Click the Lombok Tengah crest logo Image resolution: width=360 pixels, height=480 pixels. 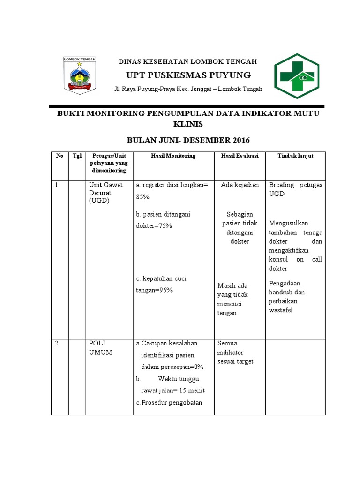pos(80,75)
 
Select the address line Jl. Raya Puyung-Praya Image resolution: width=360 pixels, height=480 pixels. pos(188,89)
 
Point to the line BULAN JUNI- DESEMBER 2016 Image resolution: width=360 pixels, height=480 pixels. pos(188,140)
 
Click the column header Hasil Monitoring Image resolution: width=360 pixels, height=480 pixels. pos(173,156)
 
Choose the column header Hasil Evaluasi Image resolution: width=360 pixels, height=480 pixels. pos(240,156)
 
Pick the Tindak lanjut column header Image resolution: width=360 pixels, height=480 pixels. pos(295,156)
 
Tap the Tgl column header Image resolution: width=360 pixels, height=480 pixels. pos(77,156)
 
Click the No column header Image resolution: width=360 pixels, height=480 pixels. pos(60,156)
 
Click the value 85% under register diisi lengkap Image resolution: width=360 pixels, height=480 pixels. pos(142,197)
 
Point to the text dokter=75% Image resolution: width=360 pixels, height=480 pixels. pos(154,226)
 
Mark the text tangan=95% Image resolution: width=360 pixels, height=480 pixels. pos(155,290)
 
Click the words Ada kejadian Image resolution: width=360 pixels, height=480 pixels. pos(240,185)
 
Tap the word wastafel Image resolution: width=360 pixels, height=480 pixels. pos(281,310)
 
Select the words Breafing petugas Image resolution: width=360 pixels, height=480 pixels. pos(295,185)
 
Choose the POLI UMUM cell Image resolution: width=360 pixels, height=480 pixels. pos(100,347)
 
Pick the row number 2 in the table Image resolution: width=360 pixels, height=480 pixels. pos(56,343)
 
